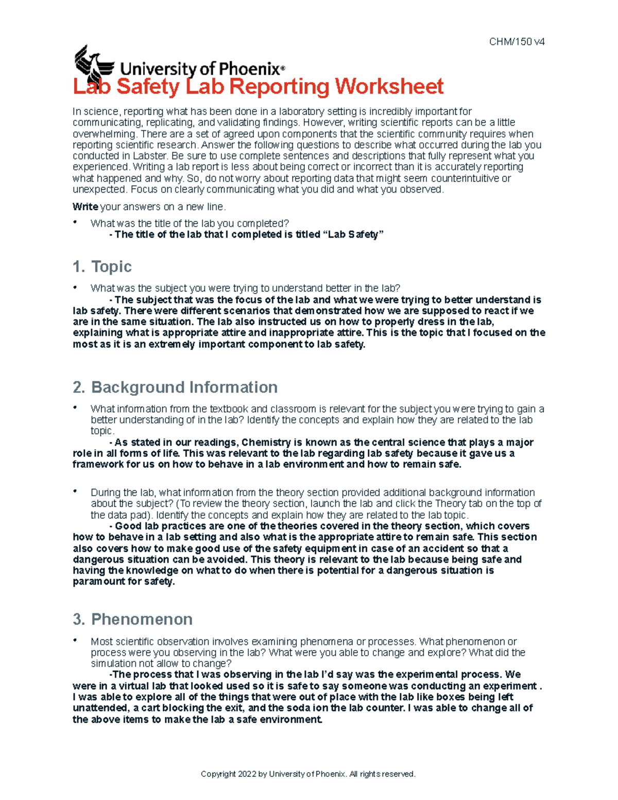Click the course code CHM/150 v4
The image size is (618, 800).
tap(517, 42)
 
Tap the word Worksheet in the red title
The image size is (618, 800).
tap(389, 87)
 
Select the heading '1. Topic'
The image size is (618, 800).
tap(102, 266)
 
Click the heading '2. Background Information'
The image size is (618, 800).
tap(175, 387)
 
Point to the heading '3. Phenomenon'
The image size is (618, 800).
tap(133, 619)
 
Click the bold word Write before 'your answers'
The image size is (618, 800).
tap(85, 207)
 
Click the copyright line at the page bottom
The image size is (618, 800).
tap(308, 774)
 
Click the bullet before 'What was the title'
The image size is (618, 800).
tap(75, 223)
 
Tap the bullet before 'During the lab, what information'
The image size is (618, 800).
tap(75, 491)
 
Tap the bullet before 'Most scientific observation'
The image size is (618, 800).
tap(75, 640)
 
